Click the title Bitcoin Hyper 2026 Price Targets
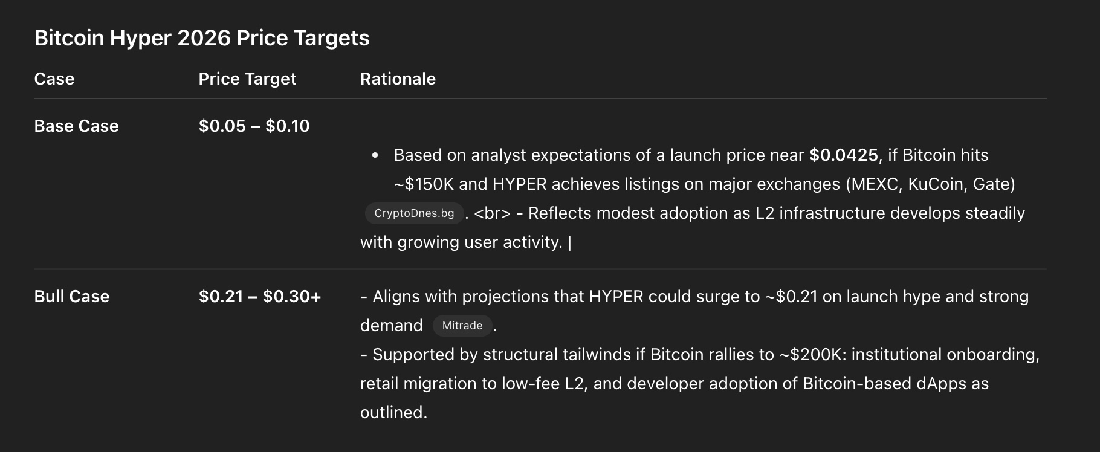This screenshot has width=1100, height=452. click(202, 38)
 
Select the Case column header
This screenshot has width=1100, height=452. click(54, 79)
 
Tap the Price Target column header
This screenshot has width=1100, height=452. click(247, 79)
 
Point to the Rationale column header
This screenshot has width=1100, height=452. click(398, 79)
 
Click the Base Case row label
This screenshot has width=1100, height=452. click(76, 126)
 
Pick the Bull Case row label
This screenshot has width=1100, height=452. click(72, 297)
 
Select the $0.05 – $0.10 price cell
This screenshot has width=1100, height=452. click(254, 126)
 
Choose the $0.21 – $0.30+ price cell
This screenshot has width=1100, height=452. click(260, 297)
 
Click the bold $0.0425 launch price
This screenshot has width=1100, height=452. click(844, 155)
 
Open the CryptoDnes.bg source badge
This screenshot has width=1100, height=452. click(414, 213)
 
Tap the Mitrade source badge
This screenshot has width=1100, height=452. click(462, 326)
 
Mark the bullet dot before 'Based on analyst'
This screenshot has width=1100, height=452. click(375, 156)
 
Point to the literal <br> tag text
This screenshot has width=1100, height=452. click(493, 213)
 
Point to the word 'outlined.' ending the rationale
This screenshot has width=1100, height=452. click(393, 413)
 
